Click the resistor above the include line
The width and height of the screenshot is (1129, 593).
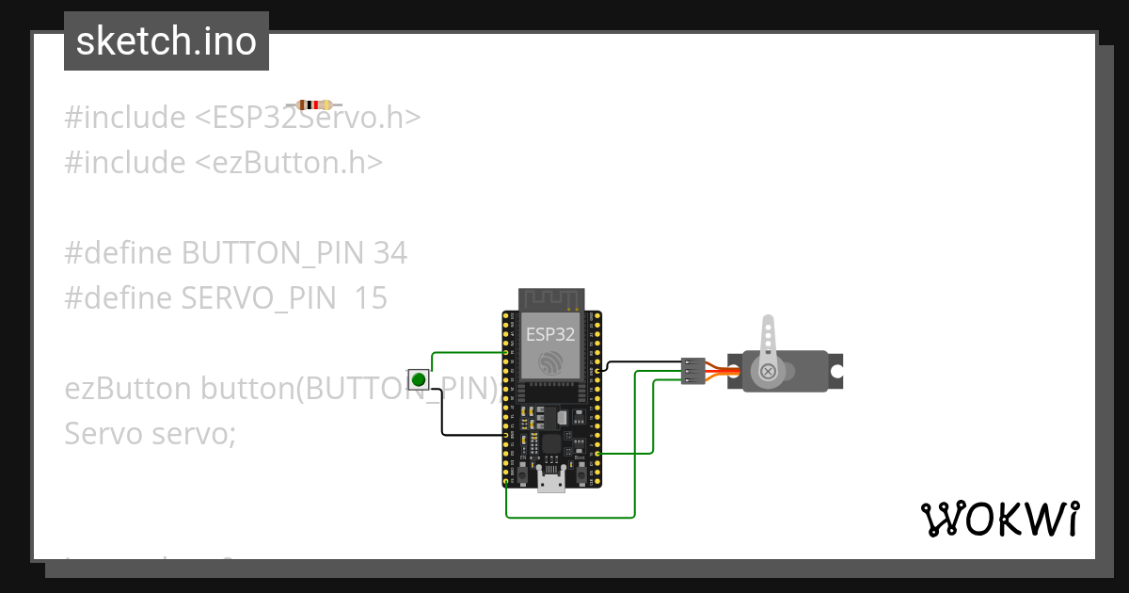(314, 105)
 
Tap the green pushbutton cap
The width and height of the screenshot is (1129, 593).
(419, 380)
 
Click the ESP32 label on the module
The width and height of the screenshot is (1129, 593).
(550, 333)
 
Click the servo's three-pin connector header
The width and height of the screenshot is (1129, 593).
(693, 371)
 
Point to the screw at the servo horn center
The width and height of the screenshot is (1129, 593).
(769, 372)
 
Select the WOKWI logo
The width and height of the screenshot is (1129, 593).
(1000, 520)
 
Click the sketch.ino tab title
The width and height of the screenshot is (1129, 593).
(167, 41)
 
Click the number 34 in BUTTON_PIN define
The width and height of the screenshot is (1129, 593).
(390, 253)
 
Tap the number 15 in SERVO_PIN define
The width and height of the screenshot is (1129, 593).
(372, 298)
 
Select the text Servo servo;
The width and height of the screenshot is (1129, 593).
(151, 434)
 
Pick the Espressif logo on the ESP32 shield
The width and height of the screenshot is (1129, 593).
(549, 361)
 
